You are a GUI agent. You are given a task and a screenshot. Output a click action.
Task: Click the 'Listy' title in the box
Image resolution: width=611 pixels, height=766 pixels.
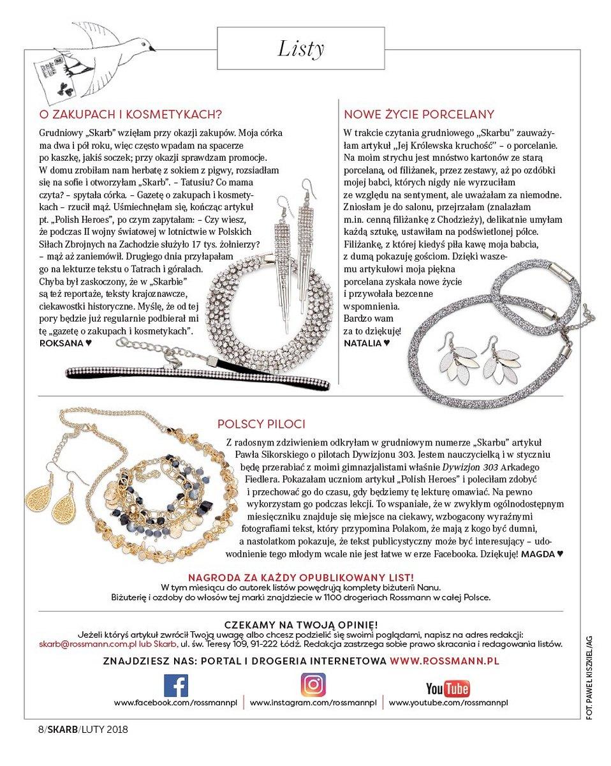(301, 49)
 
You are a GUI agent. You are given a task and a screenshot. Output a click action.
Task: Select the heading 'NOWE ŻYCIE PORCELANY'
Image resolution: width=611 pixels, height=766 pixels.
(419, 115)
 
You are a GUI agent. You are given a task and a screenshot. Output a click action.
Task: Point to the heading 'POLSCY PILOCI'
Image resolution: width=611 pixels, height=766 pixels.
(261, 424)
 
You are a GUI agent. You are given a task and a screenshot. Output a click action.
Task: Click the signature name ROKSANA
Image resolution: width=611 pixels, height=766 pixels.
(62, 343)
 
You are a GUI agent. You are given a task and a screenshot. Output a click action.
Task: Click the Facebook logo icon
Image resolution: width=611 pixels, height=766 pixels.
(176, 686)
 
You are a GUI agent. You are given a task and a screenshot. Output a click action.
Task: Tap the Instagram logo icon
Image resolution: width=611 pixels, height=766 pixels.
(313, 685)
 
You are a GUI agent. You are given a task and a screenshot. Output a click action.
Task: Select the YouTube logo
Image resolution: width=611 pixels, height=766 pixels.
(448, 688)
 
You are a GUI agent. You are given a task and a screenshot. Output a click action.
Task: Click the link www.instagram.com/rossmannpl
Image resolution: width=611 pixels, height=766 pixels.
(313, 702)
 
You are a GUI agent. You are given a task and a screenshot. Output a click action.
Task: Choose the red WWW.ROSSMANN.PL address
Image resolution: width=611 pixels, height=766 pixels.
(444, 661)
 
